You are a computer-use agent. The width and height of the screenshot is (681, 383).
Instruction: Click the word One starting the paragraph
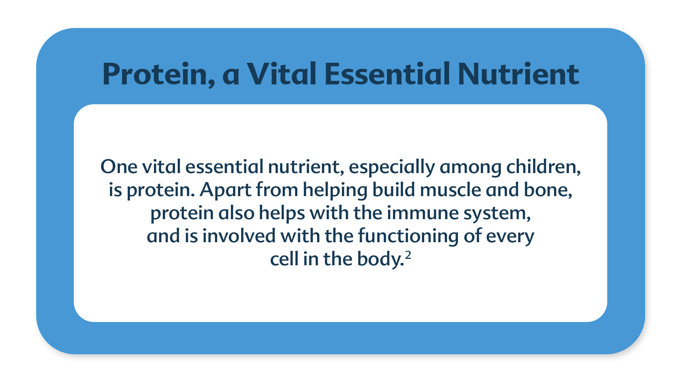[119, 167]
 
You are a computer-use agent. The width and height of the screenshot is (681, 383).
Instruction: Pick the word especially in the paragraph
[392, 167]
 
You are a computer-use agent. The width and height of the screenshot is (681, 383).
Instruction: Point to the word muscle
[450, 189]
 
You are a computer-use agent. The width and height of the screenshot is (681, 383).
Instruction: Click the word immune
[422, 213]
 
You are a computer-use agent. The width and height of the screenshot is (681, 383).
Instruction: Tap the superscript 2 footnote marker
[408, 255]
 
